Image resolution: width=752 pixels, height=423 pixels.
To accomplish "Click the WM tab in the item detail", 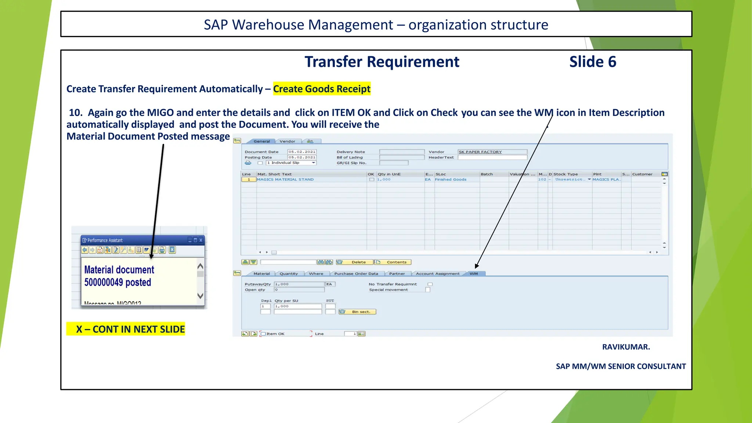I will pyautogui.click(x=474, y=274).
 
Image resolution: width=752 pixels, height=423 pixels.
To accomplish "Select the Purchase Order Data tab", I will pyautogui.click(x=356, y=274).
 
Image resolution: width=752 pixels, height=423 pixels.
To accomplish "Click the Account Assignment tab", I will pyautogui.click(x=437, y=274).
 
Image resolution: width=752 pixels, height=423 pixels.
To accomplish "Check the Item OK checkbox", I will pyautogui.click(x=263, y=334).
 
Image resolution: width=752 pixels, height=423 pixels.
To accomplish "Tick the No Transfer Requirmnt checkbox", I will pyautogui.click(x=430, y=284).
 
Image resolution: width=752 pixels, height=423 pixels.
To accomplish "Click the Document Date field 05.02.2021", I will pyautogui.click(x=301, y=152).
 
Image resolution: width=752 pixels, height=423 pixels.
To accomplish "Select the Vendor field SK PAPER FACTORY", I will pyautogui.click(x=492, y=152).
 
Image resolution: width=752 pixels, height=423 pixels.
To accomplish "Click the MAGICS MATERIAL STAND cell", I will pyautogui.click(x=285, y=180).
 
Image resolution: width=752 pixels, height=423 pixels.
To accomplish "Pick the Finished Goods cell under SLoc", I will pyautogui.click(x=451, y=180).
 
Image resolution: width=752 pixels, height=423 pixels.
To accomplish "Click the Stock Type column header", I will pyautogui.click(x=566, y=174).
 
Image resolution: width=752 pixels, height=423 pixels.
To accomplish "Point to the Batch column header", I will pyautogui.click(x=487, y=174).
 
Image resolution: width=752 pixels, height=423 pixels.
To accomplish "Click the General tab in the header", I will pyautogui.click(x=261, y=141).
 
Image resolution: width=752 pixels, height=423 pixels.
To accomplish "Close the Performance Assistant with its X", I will pyautogui.click(x=201, y=240).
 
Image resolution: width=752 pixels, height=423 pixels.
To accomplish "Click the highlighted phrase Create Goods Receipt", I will pyautogui.click(x=322, y=89).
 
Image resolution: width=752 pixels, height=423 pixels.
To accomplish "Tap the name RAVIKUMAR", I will pyautogui.click(x=626, y=347).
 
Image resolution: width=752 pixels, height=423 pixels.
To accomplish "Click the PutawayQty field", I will pyautogui.click(x=299, y=284).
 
